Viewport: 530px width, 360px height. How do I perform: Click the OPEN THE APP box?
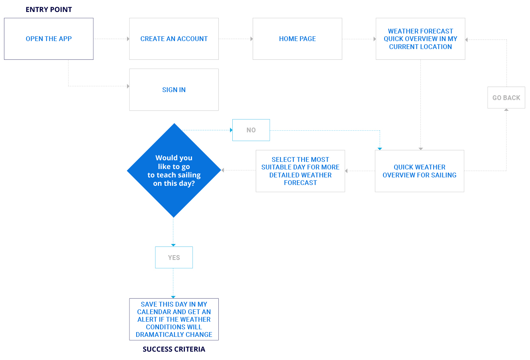point(49,39)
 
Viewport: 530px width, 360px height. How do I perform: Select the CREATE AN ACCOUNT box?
point(174,39)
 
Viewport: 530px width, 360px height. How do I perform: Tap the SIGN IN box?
point(174,90)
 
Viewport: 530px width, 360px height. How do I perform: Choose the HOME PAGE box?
point(297,39)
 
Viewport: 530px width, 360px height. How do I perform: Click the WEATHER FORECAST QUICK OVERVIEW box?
point(420,39)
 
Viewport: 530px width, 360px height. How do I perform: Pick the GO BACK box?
point(506,98)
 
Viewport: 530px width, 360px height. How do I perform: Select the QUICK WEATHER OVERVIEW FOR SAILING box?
point(419,171)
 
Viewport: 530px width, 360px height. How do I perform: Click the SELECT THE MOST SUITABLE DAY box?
point(300,171)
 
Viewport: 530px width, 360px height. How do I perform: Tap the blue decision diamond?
point(174,170)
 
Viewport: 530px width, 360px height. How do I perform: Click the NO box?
point(251,130)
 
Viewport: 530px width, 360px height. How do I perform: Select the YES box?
point(174,258)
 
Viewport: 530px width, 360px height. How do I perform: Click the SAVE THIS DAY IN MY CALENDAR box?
point(174,319)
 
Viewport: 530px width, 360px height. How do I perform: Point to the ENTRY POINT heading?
point(49,10)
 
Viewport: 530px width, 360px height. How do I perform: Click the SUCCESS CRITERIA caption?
point(174,349)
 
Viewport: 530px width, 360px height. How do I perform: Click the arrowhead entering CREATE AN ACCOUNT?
point(128,39)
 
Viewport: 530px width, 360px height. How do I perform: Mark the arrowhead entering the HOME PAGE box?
point(251,39)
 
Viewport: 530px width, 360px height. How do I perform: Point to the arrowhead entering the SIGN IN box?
point(128,86)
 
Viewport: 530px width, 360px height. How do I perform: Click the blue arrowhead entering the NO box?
point(231,130)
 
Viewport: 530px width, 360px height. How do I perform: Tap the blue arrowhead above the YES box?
point(173,245)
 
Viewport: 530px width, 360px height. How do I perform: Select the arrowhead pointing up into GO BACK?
point(506,110)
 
